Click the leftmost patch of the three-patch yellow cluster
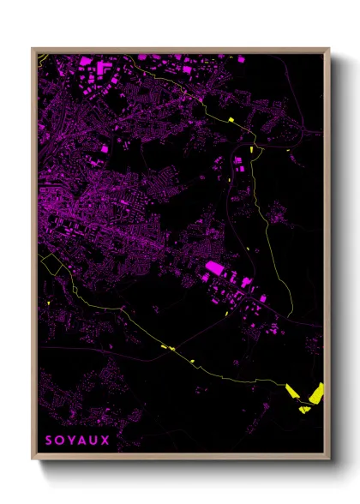click(291, 392)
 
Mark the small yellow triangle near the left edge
click(50, 303)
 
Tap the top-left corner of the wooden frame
click(33, 49)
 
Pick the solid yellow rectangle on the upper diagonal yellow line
click(230, 119)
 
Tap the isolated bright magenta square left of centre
click(105, 148)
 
